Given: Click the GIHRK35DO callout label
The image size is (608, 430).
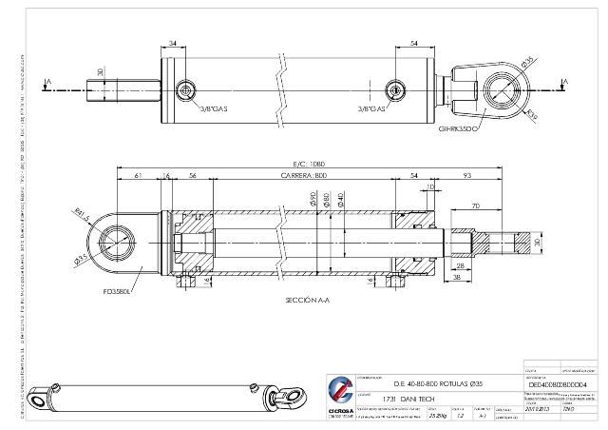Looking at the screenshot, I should [x=457, y=127].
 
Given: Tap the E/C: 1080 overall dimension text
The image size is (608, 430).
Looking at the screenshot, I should [x=307, y=164].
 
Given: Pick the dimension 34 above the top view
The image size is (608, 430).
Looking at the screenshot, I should [x=173, y=44].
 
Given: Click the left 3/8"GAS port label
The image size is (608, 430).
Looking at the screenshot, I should [x=210, y=108].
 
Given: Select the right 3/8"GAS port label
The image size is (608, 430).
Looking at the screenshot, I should [x=372, y=108].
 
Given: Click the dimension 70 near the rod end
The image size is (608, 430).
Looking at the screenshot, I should [x=474, y=205].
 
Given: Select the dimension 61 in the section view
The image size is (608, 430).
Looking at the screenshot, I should [x=139, y=177].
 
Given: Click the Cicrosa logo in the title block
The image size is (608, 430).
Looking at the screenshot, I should [x=339, y=393].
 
